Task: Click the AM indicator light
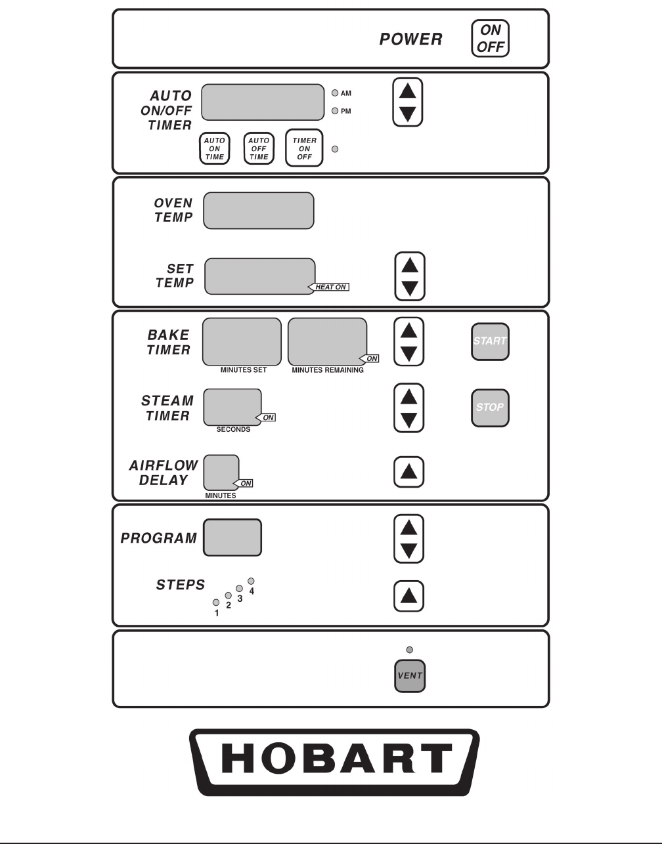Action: (x=335, y=94)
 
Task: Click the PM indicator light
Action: (x=335, y=111)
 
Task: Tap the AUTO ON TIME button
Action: (x=215, y=148)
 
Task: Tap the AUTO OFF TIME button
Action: (x=259, y=148)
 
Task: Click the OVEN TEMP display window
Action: (x=259, y=211)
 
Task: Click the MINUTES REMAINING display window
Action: (x=327, y=341)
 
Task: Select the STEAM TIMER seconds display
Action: (x=232, y=407)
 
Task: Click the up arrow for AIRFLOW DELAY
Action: (x=408, y=472)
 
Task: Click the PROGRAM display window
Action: (x=232, y=538)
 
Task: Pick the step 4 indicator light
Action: (x=251, y=581)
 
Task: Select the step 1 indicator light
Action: (x=215, y=602)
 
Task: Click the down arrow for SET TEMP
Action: (x=409, y=287)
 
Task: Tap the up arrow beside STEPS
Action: (x=408, y=596)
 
